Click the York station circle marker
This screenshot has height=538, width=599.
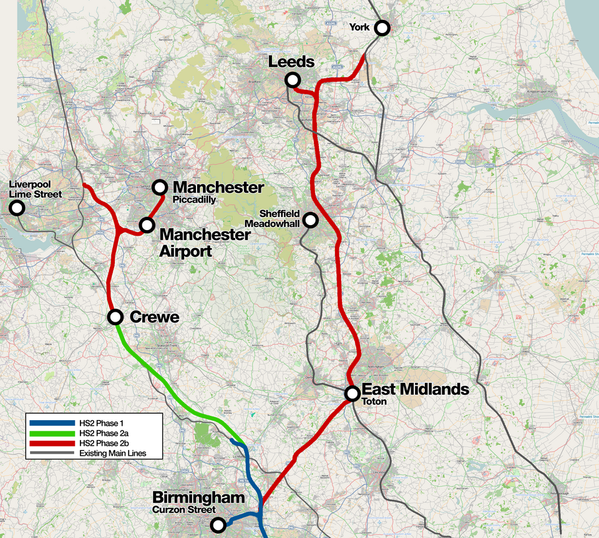382,27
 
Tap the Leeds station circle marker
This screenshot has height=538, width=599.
292,80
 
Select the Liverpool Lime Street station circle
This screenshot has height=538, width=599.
17,208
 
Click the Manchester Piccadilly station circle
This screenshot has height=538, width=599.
160,187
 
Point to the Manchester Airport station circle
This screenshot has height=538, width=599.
147,224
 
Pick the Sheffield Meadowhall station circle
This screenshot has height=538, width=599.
310,219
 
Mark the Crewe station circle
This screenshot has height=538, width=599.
115,317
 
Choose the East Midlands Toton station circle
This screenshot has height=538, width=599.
352,393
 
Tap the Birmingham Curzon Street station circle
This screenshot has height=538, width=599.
218,525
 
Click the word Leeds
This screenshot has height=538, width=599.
291,62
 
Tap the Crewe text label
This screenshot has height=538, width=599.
154,317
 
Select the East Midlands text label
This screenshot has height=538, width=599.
415,390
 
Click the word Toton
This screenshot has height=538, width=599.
374,402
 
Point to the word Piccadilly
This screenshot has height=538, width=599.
194,200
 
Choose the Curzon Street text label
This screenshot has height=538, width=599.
184,510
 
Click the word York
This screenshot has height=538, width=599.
359,27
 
